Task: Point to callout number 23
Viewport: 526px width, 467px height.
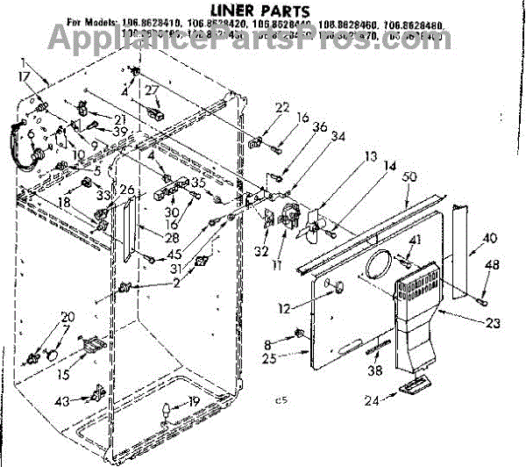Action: point(493,324)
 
